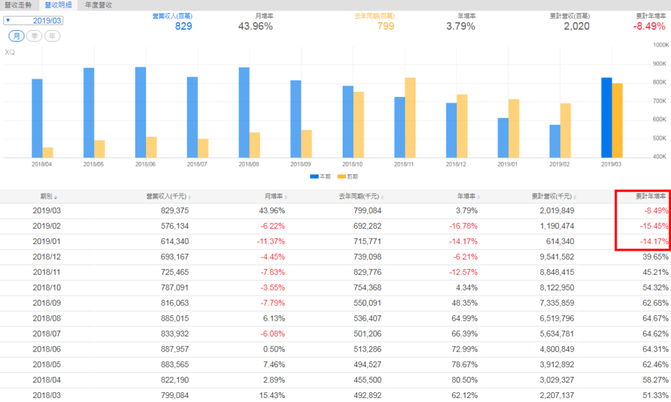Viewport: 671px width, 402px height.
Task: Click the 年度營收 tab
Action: tap(98, 5)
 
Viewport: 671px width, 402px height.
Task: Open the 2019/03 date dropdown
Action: tap(43, 20)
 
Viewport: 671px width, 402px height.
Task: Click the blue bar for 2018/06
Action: tap(140, 111)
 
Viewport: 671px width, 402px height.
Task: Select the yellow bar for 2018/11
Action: tap(410, 117)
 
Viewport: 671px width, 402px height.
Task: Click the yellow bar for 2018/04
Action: tap(48, 152)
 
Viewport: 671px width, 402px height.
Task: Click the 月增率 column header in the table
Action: tap(273, 196)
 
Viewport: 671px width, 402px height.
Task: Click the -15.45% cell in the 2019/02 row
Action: tap(655, 226)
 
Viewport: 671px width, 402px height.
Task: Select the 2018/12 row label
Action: tap(46, 256)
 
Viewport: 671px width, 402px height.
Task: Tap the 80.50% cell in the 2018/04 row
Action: tap(465, 380)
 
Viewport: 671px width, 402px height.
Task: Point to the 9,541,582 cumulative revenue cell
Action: tap(554, 256)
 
